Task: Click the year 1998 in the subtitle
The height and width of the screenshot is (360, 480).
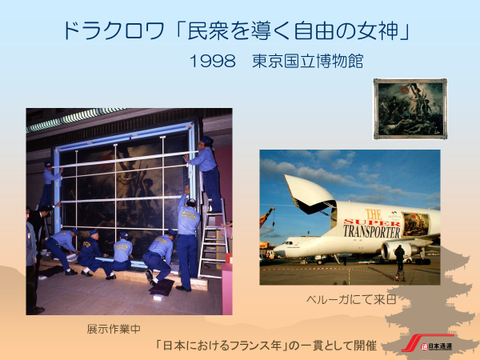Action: click(213, 61)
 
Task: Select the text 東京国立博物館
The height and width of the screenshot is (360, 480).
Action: click(308, 61)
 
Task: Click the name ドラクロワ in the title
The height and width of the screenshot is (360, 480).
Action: click(114, 31)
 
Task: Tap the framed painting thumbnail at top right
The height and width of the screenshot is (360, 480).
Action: click(410, 109)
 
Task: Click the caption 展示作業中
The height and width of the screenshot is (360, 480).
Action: click(114, 329)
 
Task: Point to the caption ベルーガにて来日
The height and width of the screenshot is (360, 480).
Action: click(352, 299)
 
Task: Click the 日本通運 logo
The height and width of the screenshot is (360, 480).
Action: click(428, 343)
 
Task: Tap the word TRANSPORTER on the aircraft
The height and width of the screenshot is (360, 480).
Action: click(372, 231)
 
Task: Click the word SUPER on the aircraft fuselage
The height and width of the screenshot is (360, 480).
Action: click(372, 222)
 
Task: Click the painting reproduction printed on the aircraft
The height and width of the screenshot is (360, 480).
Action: click(416, 224)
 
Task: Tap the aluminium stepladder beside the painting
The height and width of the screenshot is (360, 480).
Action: click(214, 238)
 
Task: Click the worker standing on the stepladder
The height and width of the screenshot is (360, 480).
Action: click(206, 174)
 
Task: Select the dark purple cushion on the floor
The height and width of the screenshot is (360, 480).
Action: click(162, 287)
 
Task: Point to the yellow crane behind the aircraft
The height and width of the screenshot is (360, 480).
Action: click(266, 217)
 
